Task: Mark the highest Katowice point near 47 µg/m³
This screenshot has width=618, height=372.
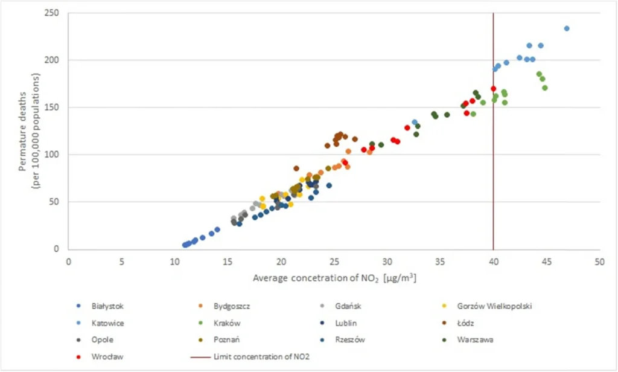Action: [x=567, y=28]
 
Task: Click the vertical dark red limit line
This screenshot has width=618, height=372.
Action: [x=493, y=181]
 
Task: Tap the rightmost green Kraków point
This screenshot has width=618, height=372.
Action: [x=545, y=88]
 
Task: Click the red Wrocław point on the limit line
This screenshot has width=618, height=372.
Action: [x=493, y=89]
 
